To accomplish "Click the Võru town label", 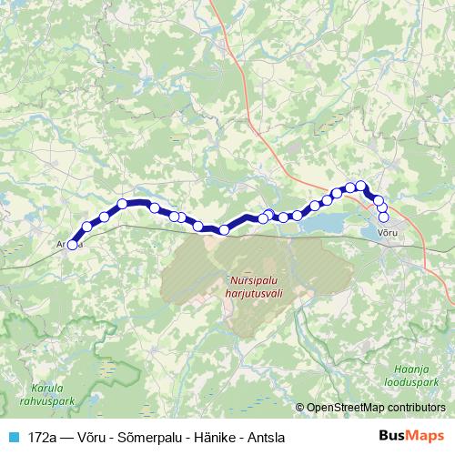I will coord(388,234).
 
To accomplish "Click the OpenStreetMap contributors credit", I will coord(376,408).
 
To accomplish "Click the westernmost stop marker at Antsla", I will coord(73,244).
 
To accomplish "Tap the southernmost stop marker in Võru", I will coord(383,217).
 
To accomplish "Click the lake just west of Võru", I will coord(328,220).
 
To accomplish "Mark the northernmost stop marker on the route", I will coord(361,187).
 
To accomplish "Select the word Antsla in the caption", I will coord(264,438).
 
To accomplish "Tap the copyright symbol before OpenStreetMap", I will coord(301,408).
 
